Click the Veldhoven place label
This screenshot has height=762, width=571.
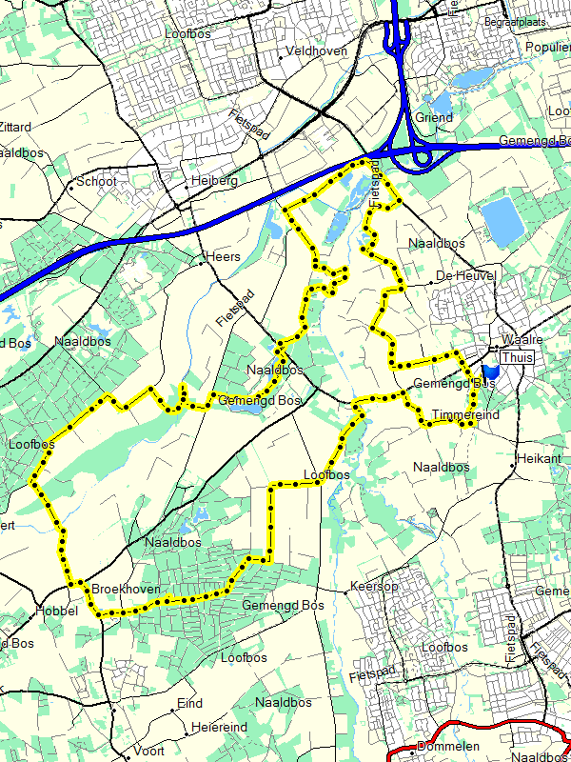[317, 50]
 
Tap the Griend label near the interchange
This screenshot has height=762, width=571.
[434, 117]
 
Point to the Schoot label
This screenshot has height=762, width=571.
[97, 181]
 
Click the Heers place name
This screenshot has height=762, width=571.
[224, 257]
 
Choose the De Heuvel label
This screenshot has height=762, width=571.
[466, 275]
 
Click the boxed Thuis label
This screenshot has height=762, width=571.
[517, 357]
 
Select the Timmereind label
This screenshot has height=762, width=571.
[464, 415]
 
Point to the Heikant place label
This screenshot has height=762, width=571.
[540, 458]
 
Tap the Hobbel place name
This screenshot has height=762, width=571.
[55, 611]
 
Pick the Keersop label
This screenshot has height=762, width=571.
[374, 586]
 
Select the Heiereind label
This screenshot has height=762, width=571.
[219, 727]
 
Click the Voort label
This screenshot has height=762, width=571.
[148, 751]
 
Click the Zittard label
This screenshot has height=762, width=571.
[15, 127]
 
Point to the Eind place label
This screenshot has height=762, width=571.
[190, 704]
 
